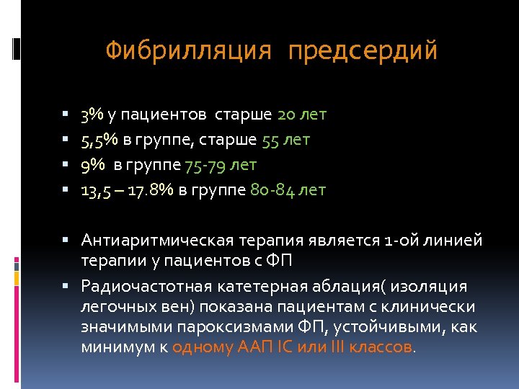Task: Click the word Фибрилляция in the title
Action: [189, 51]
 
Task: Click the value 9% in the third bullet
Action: [92, 165]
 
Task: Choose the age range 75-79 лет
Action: [221, 165]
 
